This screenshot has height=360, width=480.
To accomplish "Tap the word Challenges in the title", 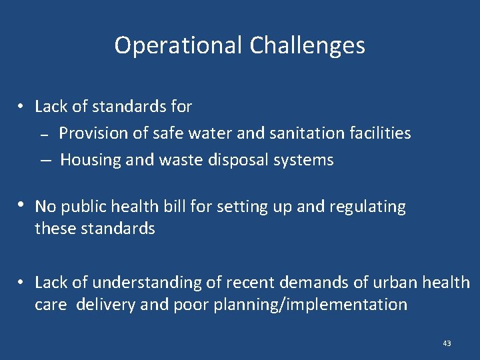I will click(307, 45).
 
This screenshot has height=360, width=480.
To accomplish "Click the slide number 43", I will click(447, 343).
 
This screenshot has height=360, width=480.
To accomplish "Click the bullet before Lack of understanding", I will click(22, 282).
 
